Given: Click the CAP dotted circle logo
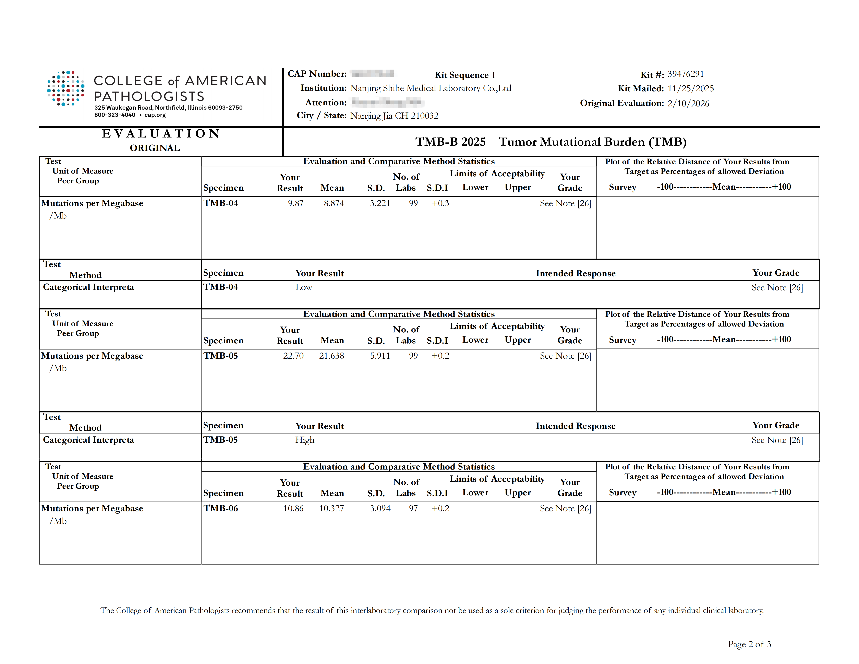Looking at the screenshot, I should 66,88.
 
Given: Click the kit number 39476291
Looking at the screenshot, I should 686,74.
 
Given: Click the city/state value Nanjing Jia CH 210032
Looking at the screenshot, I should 394,116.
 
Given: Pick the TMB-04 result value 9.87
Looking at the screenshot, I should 295,203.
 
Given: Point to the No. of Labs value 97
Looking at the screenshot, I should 413,509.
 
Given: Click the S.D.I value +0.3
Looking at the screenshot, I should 440,203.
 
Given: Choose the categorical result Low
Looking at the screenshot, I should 304,287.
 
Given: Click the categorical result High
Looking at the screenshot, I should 305,440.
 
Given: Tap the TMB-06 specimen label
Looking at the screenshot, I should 221,509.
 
